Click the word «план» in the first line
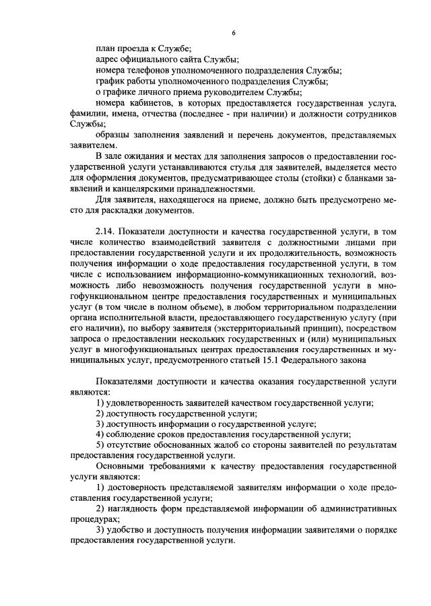[107, 48]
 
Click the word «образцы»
[112, 135]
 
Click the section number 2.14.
[107, 232]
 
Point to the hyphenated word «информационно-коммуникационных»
[201, 275]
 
